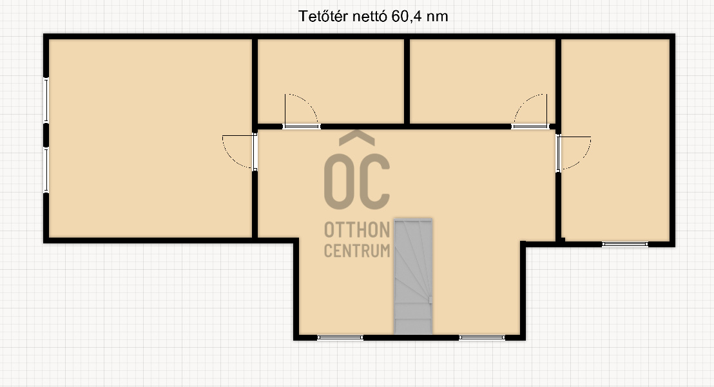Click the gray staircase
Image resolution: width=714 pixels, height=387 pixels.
[413, 276]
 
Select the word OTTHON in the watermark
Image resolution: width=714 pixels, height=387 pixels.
[357, 230]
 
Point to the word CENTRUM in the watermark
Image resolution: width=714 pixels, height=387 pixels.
[357, 250]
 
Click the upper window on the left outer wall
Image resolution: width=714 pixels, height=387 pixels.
[46, 100]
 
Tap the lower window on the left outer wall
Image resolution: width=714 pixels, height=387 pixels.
[46, 169]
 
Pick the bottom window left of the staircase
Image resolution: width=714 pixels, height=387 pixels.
[340, 337]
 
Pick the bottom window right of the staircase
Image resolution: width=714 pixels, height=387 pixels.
[482, 337]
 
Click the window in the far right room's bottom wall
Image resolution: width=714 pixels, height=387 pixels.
[625, 244]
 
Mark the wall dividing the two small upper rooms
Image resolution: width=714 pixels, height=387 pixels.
[407, 81]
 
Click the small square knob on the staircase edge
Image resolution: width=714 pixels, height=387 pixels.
[430, 300]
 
